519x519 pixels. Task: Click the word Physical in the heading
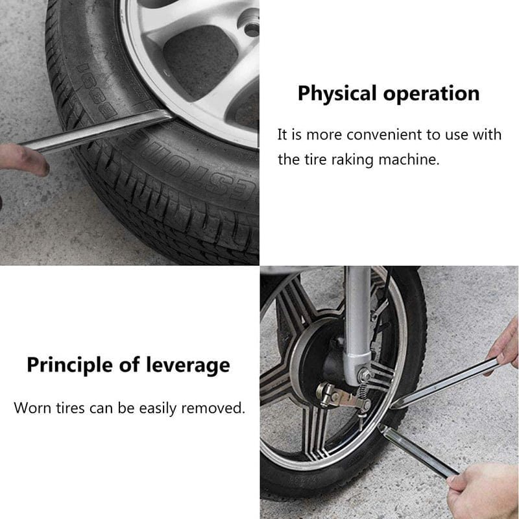[337, 94]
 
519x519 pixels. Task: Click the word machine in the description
[409, 160]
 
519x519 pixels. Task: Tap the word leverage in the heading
[188, 366]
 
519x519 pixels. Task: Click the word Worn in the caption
[32, 407]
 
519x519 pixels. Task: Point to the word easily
[158, 408]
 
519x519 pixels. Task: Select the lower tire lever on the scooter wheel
[418, 451]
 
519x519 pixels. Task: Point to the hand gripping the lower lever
[484, 490]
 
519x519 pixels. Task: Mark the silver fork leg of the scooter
[357, 324]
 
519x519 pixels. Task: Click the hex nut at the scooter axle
[365, 375]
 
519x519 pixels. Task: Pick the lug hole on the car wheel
[252, 29]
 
